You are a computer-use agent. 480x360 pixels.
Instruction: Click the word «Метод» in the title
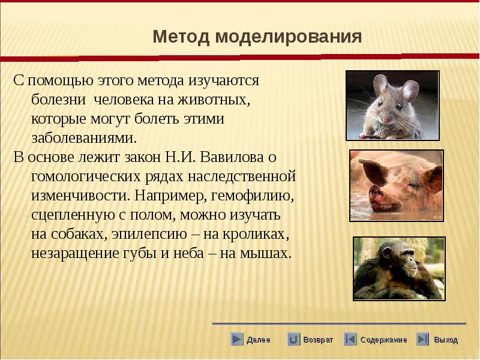181,37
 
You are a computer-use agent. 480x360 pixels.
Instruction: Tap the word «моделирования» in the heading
289,37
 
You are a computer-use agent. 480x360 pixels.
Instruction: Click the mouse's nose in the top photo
386,119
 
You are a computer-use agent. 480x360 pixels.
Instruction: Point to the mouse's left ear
380,85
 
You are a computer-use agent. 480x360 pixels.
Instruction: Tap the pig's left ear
371,171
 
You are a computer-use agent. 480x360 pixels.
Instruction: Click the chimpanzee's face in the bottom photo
407,260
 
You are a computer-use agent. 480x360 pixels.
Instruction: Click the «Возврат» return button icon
293,340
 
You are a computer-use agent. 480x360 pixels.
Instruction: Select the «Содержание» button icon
350,340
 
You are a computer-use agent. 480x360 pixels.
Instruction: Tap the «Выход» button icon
422,340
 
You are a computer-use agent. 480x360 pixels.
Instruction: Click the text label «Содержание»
383,340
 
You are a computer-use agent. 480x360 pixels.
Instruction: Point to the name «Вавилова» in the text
232,157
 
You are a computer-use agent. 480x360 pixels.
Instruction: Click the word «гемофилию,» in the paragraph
252,196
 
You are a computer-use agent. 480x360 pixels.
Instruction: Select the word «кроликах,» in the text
256,235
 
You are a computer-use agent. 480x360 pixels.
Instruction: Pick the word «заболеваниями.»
84,139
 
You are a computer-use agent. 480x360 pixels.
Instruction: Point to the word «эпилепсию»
149,235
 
